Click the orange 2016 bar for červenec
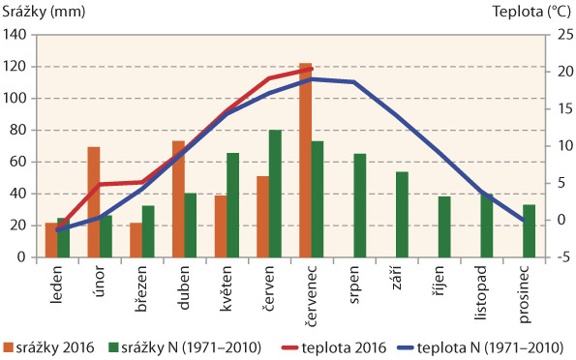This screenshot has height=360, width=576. [305, 161]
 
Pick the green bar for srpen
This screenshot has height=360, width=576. [360, 205]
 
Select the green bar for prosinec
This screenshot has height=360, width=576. [529, 231]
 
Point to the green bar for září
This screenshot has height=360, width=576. [402, 215]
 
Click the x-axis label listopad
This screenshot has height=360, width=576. [485, 290]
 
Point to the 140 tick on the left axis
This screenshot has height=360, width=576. [16, 35]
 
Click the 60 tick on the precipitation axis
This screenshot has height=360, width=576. [20, 162]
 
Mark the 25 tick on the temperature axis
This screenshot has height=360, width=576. [555, 35]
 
